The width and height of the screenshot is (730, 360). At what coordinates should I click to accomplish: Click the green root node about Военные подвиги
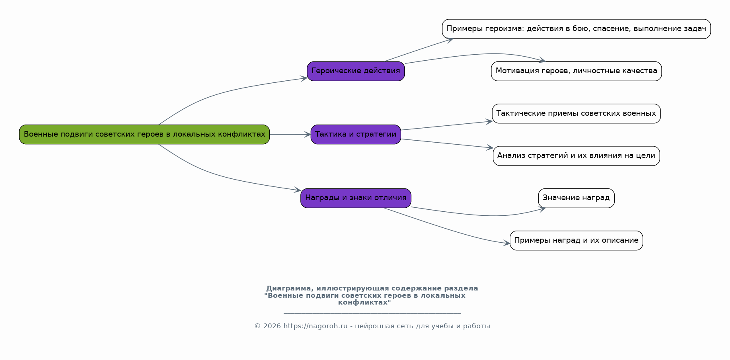[x=144, y=134]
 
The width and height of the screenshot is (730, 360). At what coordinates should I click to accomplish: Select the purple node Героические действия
[x=356, y=71]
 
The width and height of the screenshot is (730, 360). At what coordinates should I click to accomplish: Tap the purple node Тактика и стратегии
[x=356, y=134]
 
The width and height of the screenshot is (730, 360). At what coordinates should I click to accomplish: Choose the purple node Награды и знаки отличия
[x=356, y=198]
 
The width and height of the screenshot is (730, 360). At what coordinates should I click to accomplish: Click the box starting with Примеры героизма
[x=576, y=29]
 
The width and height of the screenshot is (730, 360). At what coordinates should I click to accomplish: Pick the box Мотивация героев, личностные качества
[x=576, y=71]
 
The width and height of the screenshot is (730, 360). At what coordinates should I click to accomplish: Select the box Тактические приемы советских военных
[x=576, y=113]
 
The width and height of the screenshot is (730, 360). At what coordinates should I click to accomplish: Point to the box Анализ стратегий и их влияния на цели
[x=576, y=155]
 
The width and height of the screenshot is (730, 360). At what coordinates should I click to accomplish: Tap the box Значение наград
[x=576, y=198]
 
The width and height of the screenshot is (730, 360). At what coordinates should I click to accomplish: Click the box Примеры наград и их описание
[x=576, y=240]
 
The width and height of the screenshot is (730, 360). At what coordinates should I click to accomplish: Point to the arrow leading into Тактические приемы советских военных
[x=446, y=125]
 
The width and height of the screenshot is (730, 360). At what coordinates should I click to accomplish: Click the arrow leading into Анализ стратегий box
[x=446, y=143]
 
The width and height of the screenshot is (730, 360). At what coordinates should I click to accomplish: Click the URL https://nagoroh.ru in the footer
[x=315, y=326]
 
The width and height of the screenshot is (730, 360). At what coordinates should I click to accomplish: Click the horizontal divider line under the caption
[x=372, y=313]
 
